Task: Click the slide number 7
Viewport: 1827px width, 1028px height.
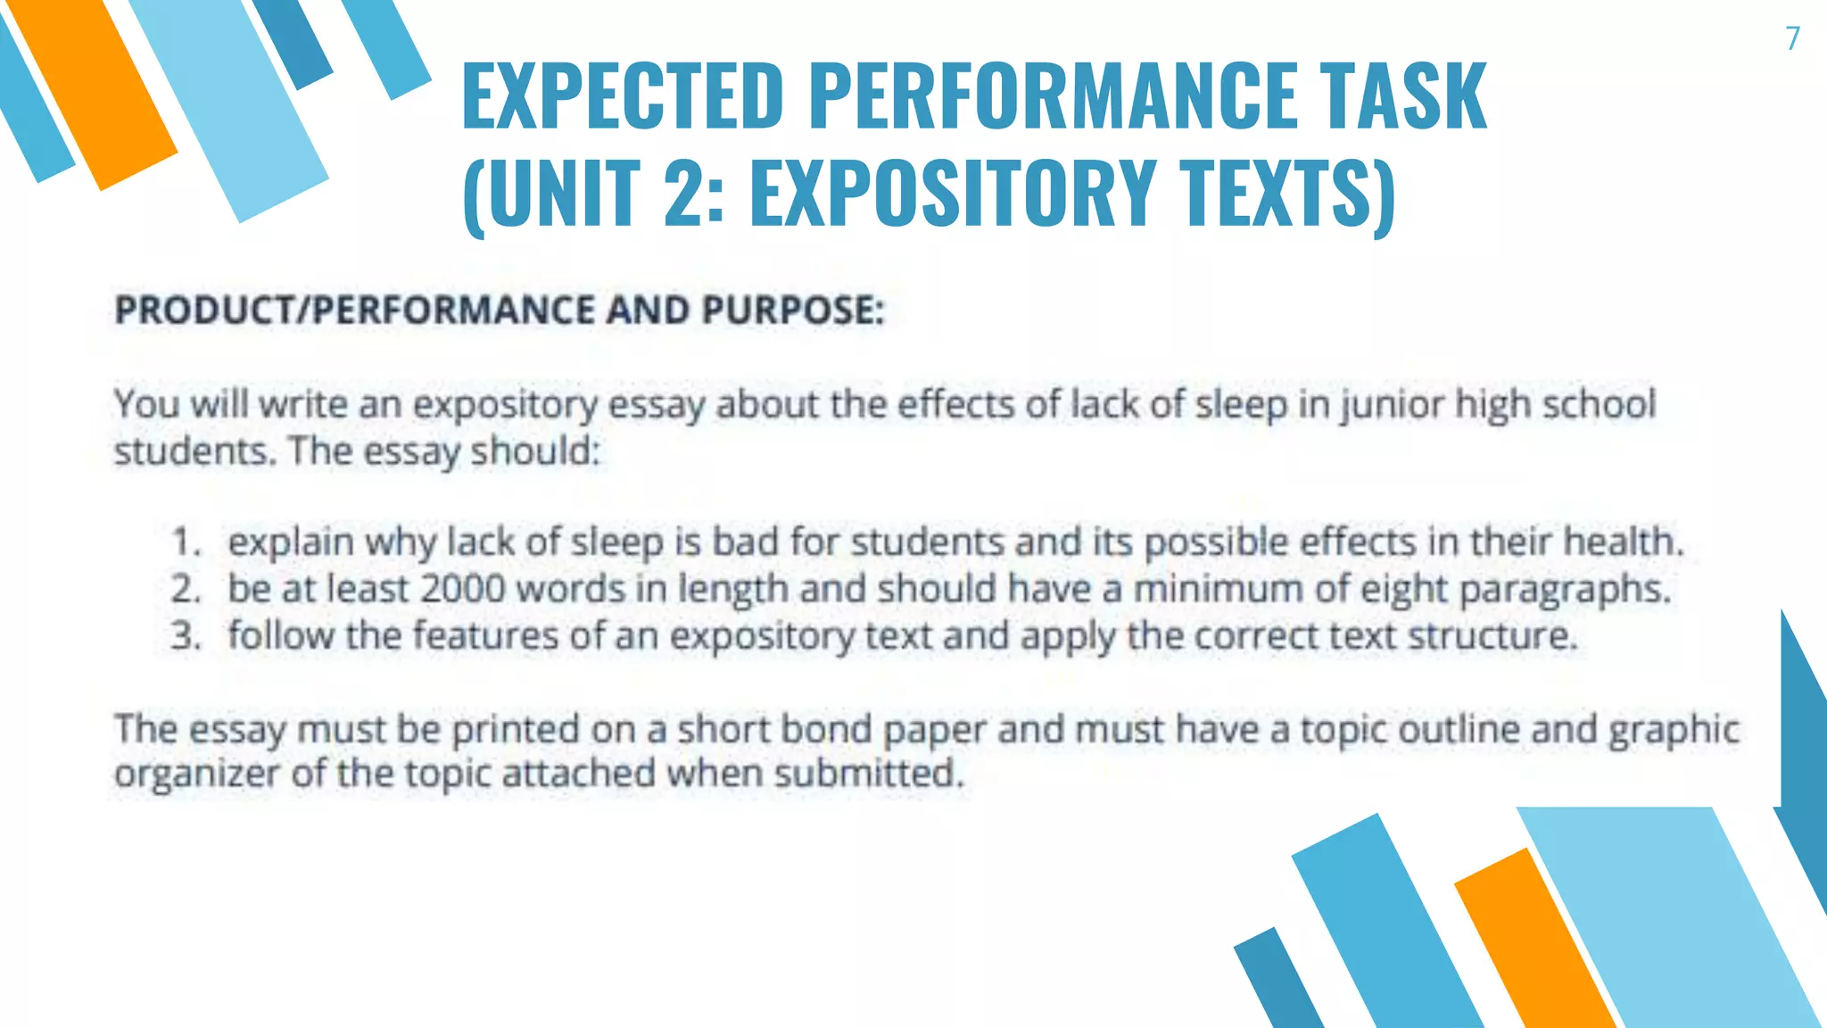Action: pos(1792,38)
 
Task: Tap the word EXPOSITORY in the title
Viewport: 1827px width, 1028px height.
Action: pos(953,192)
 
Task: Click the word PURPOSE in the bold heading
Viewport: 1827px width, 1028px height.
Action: pos(792,311)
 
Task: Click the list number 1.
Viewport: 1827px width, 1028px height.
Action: pos(185,543)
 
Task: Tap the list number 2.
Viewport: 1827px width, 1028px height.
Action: pos(186,589)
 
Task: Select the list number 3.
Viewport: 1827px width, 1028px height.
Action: pos(186,636)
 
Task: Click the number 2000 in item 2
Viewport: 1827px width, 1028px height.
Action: pos(462,589)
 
